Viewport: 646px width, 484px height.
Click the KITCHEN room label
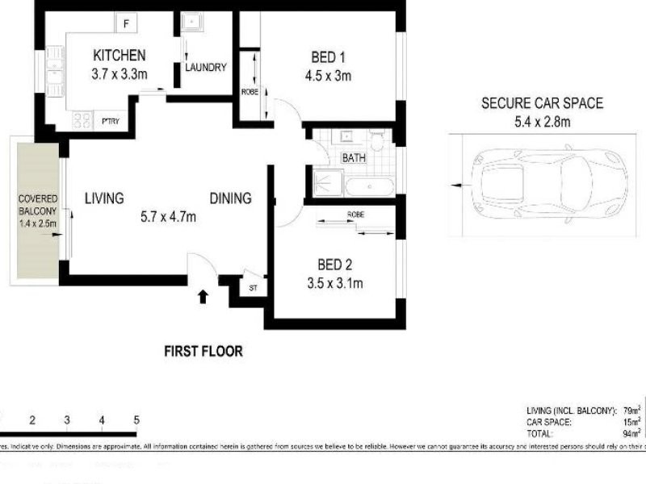pos(120,56)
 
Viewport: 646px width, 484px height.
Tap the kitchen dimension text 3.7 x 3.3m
pos(120,74)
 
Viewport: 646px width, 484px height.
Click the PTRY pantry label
pos(110,122)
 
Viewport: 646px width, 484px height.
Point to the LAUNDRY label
pos(205,68)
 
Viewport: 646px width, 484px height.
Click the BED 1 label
pos(328,57)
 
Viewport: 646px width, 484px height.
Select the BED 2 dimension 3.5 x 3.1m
pos(333,282)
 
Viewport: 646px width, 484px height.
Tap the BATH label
pos(354,158)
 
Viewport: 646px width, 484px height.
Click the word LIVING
pos(104,198)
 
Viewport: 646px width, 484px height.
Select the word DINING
pos(231,198)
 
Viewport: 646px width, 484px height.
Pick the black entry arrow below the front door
pos(203,297)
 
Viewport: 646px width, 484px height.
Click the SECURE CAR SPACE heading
pos(542,103)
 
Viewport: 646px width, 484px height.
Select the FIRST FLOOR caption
pos(203,351)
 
